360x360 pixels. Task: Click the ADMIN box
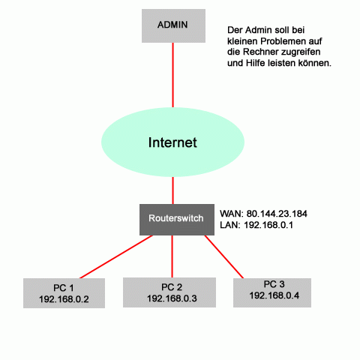click(x=173, y=25)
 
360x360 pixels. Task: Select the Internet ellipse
click(x=172, y=142)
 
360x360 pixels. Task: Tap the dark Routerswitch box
click(x=177, y=220)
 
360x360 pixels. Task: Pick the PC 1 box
click(x=64, y=293)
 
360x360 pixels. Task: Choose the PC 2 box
click(x=169, y=292)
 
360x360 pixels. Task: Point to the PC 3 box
click(x=272, y=292)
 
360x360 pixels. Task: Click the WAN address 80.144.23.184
click(x=277, y=214)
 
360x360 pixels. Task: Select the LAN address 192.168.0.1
click(x=268, y=225)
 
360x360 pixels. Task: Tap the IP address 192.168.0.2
click(x=64, y=299)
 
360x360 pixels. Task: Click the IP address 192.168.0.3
click(x=172, y=298)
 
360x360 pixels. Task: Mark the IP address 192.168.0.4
click(x=274, y=295)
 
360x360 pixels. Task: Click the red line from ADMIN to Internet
click(x=172, y=75)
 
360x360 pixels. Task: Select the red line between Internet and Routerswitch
click(x=172, y=190)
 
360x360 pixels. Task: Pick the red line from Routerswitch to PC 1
click(x=116, y=256)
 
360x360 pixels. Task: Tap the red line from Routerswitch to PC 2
click(x=172, y=256)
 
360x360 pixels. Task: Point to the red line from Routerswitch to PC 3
click(x=224, y=256)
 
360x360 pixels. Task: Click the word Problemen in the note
click(x=283, y=41)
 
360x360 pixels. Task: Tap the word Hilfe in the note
click(x=256, y=63)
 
